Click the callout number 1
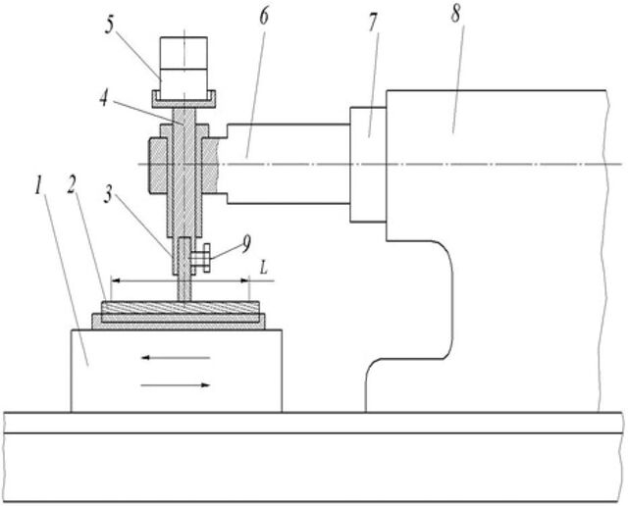[x=38, y=186]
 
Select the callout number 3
[x=107, y=194]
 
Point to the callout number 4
[x=104, y=98]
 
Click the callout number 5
[x=110, y=25]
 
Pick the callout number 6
[x=263, y=17]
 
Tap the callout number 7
[x=373, y=24]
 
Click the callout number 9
[x=246, y=243]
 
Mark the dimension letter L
[x=264, y=269]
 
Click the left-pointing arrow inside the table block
[x=176, y=358]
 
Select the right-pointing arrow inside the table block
[x=176, y=385]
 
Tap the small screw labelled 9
[x=201, y=258]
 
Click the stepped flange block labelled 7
[x=368, y=164]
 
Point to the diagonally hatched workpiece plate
[x=180, y=308]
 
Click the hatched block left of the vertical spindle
[x=157, y=166]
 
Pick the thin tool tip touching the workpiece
[x=184, y=288]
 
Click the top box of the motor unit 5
[x=183, y=52]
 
